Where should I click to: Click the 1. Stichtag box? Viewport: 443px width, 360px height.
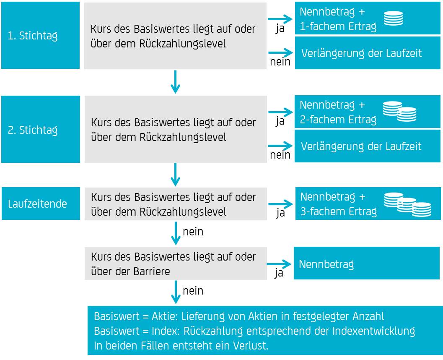coord(40,35)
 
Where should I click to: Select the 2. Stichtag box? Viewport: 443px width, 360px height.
coord(41,129)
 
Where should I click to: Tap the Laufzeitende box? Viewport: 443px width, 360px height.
coord(41,203)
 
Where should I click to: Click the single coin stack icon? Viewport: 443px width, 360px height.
coord(393,18)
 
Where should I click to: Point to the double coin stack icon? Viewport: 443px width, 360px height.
coord(399,112)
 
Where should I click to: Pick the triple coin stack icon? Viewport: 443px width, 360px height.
coord(407,204)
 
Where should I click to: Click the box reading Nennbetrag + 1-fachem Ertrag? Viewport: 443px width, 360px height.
coord(368,18)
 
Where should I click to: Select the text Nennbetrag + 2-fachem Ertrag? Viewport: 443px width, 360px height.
coord(338,112)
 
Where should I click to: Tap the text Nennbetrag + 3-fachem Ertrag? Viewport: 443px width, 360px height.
coord(339,204)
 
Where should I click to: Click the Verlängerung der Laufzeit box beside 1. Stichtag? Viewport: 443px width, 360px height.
coord(368,53)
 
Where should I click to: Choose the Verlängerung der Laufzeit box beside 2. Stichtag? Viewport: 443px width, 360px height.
coord(367,146)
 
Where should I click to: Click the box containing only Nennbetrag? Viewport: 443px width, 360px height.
coord(367,263)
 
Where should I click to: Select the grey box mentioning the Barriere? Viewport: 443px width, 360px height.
coord(176,263)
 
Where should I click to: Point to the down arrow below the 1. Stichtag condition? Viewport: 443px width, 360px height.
coord(176,82)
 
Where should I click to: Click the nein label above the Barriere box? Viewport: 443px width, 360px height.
coord(193,232)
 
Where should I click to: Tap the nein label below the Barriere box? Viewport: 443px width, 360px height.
coord(193,291)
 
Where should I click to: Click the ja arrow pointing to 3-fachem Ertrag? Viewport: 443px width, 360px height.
coord(280,204)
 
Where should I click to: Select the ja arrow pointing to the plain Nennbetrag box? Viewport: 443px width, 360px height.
coord(279,264)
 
